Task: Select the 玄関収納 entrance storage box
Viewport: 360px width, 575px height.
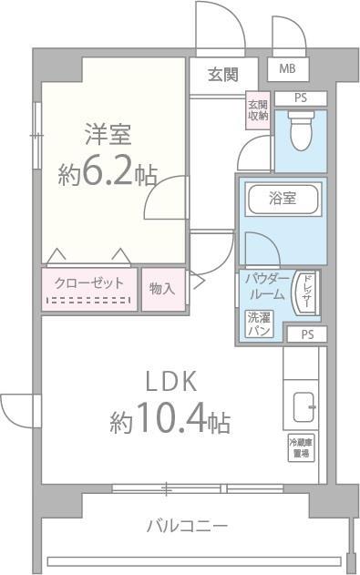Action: point(257,108)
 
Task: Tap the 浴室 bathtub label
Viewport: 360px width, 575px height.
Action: point(281,197)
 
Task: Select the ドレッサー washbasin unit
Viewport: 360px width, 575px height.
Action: point(307,291)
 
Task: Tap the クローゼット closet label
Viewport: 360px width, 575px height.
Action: point(89,283)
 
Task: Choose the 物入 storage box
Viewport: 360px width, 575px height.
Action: point(162,288)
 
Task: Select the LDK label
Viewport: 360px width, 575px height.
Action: point(168,382)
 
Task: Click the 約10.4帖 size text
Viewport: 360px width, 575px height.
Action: point(170,422)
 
